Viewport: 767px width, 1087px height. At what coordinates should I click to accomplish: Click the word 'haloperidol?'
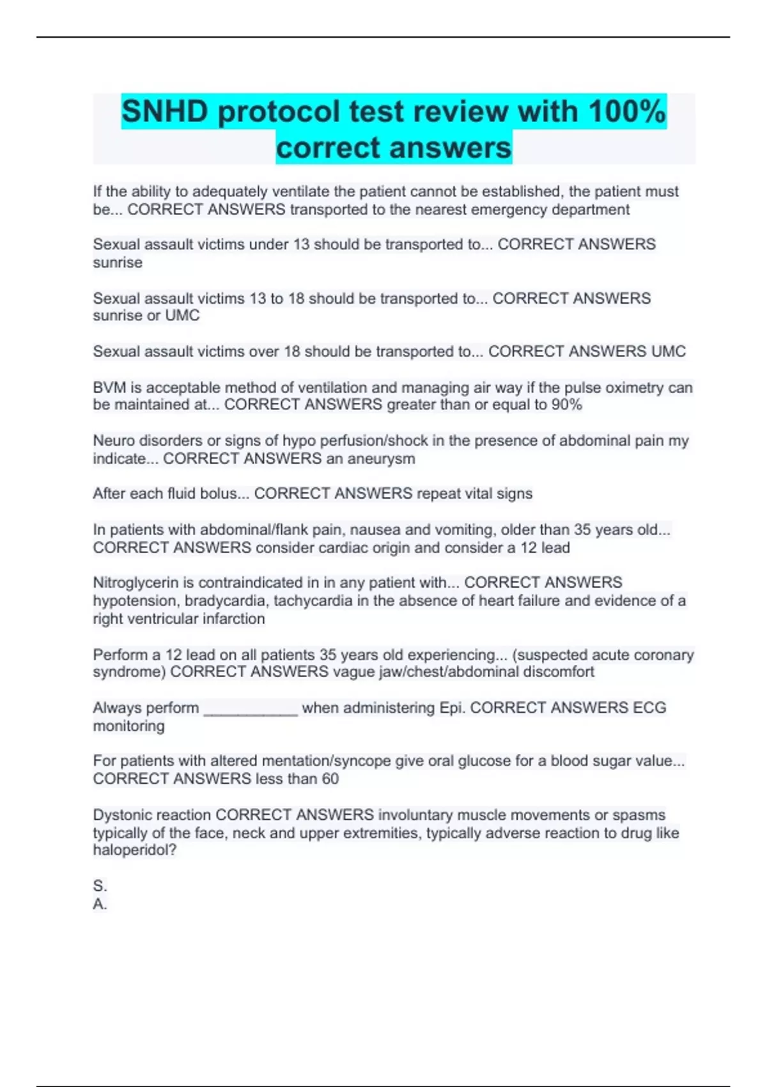coord(134,850)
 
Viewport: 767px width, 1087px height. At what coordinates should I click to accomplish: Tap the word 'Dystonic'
coord(120,815)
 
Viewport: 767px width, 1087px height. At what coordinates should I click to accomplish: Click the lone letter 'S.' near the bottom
coord(100,886)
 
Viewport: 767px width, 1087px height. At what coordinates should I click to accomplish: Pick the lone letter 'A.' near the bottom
coord(100,904)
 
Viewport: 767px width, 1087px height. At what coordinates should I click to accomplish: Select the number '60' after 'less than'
coord(330,779)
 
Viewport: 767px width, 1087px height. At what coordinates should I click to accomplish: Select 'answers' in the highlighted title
coord(450,148)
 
